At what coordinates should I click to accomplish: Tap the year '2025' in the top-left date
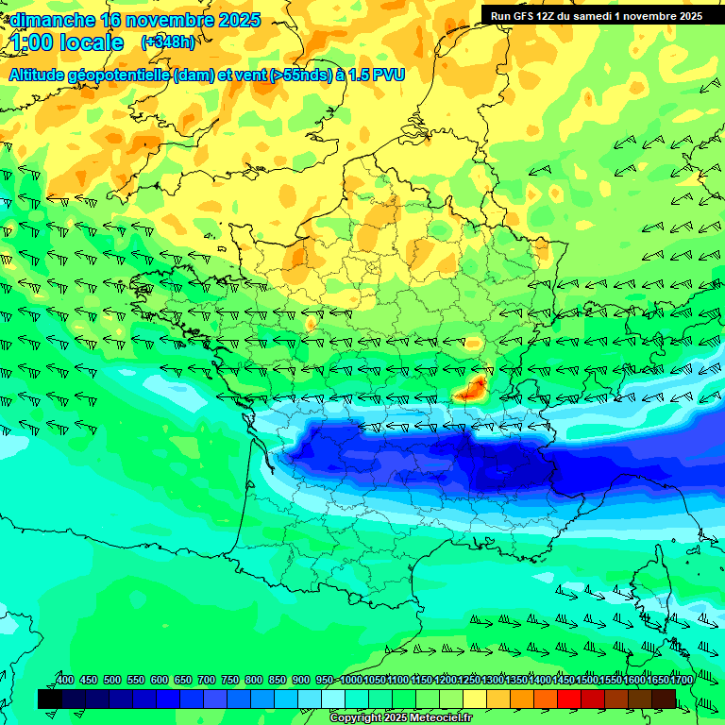pyautogui.click(x=237, y=20)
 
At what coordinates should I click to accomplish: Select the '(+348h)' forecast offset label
pyautogui.click(x=167, y=42)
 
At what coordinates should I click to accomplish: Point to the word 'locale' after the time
pyautogui.click(x=92, y=42)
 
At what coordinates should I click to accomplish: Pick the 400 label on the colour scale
pyautogui.click(x=65, y=681)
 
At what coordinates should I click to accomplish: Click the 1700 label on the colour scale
pyautogui.click(x=679, y=681)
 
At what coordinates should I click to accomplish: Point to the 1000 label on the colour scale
pyautogui.click(x=351, y=681)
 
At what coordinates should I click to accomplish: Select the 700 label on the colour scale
pyautogui.click(x=207, y=681)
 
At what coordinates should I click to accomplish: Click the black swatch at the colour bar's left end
pyautogui.click(x=50, y=699)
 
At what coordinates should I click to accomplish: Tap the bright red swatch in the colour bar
pyautogui.click(x=569, y=699)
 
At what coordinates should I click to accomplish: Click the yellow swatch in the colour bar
pyautogui.click(x=475, y=699)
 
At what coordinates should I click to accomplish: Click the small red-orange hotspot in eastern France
pyautogui.click(x=471, y=387)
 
